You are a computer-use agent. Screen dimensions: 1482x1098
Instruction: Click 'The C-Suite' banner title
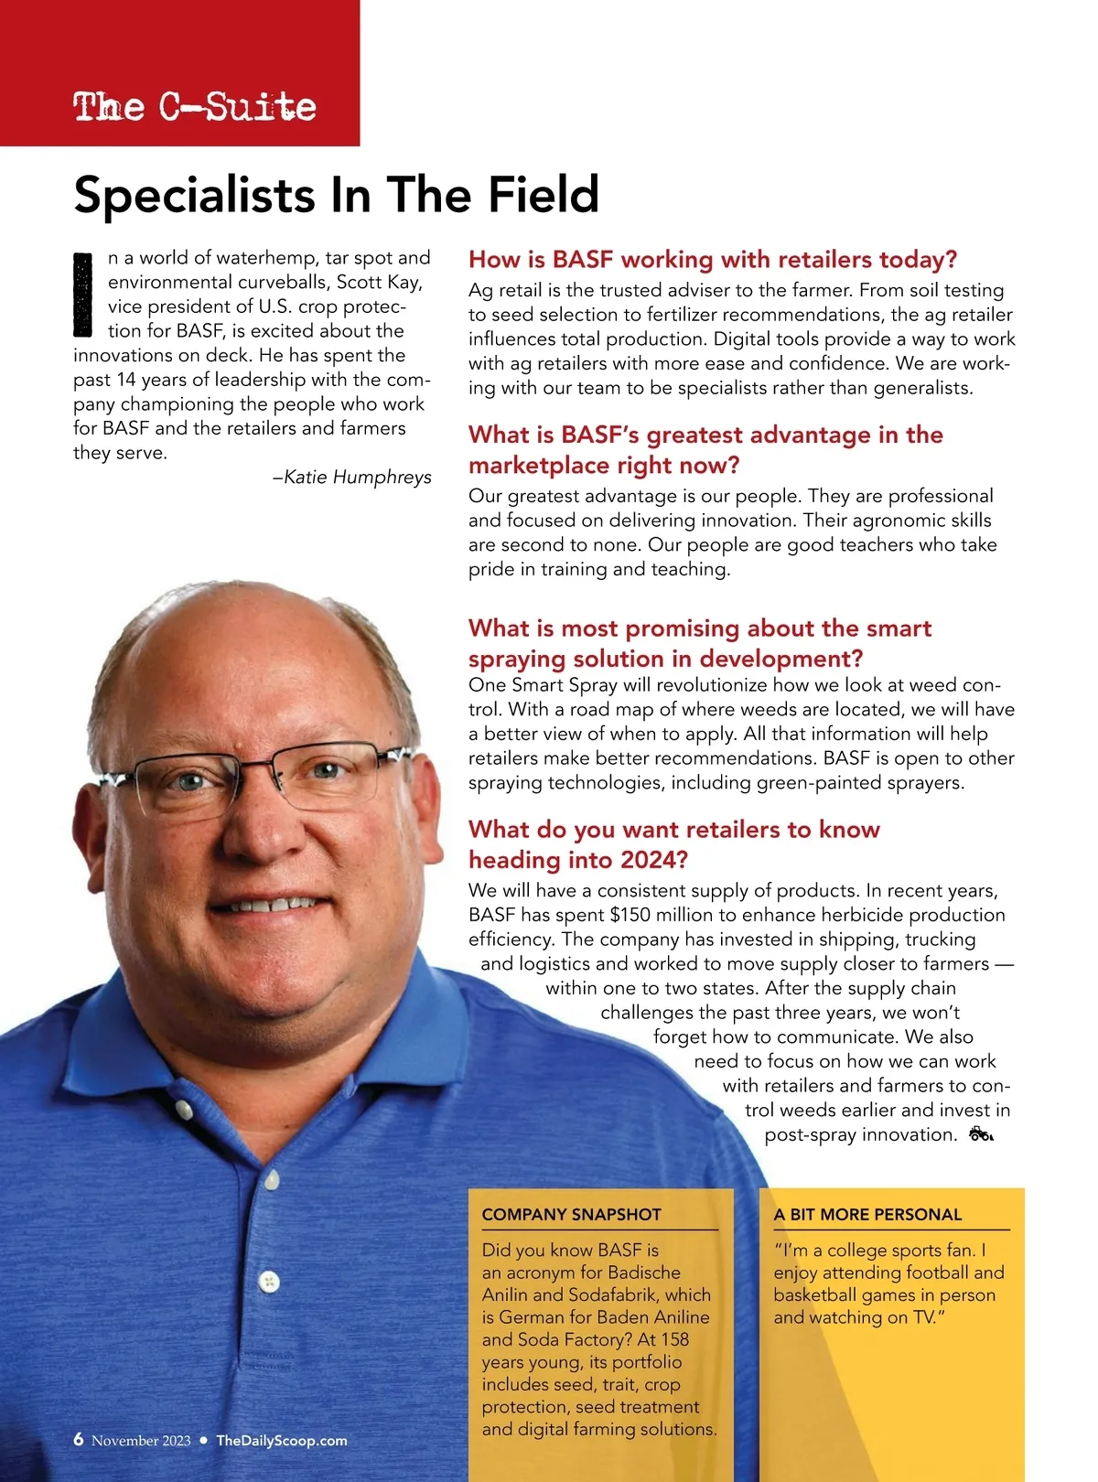[x=194, y=107]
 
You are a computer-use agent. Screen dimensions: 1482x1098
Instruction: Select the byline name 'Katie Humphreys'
[x=358, y=477]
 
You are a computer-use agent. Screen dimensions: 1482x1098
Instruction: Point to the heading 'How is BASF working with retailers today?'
[x=712, y=260]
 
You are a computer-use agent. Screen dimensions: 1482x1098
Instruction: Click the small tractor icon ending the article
[x=980, y=1134]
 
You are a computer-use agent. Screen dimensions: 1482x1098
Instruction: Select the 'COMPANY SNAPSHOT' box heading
[x=571, y=1215]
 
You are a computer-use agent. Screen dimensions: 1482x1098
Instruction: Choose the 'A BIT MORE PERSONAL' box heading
[x=867, y=1215]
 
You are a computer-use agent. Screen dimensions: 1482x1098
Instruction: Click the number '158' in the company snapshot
[x=674, y=1339]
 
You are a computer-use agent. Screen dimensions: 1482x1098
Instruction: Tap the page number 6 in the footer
[x=79, y=1439]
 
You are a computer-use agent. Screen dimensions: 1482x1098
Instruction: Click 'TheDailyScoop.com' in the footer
[x=282, y=1441]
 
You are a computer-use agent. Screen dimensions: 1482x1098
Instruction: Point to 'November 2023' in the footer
[x=141, y=1441]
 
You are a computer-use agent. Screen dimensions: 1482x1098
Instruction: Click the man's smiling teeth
[x=271, y=904]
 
